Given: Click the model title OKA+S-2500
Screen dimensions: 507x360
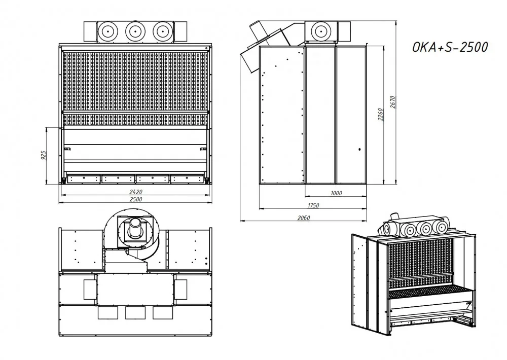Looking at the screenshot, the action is pos(450,47).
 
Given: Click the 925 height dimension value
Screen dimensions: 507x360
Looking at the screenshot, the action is pos(44,155).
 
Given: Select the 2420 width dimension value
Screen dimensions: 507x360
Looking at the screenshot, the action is pos(136,192).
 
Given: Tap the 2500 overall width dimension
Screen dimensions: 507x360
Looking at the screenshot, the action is pos(136,199).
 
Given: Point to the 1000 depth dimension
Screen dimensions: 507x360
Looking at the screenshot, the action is pos(336,193).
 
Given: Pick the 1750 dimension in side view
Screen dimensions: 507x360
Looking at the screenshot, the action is pos(313,205).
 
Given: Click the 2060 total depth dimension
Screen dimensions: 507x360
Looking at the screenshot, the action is pos(304,218).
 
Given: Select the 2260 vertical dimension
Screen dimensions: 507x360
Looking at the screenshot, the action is pos(381,115).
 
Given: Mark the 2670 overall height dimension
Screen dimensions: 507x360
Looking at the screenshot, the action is pos(393,102).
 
